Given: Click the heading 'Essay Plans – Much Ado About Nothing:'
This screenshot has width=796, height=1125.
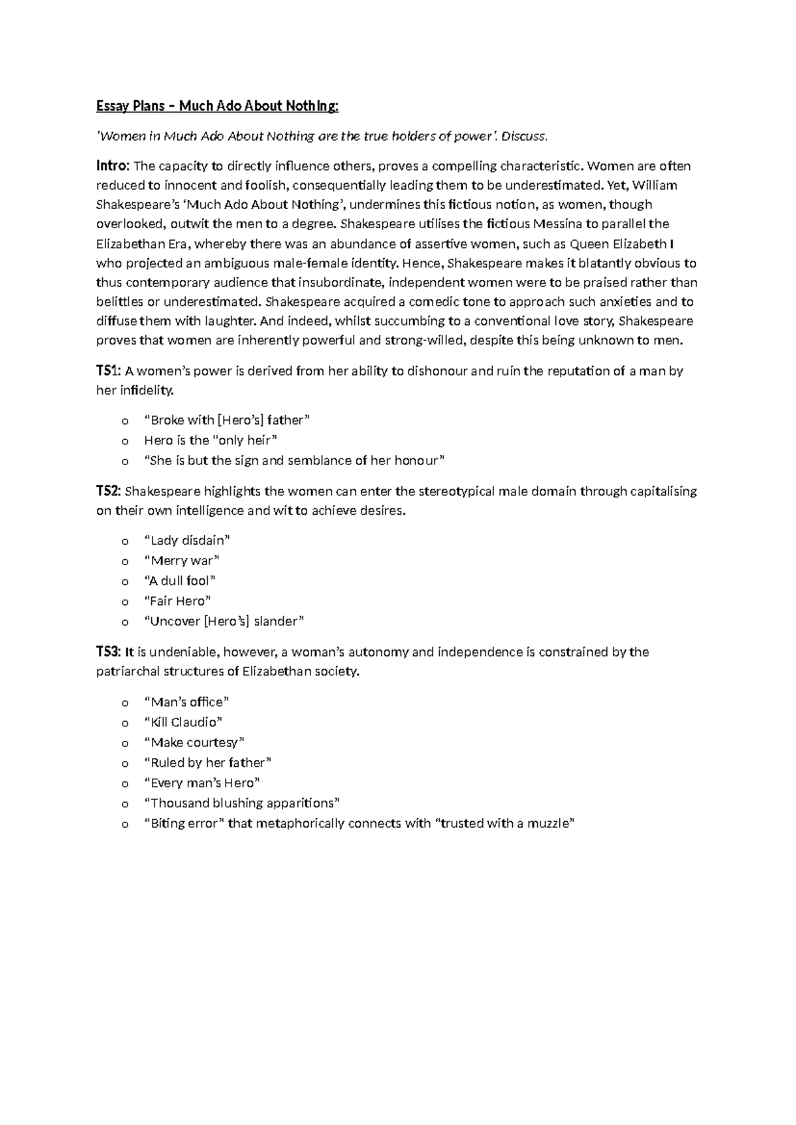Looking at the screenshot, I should point(217,106).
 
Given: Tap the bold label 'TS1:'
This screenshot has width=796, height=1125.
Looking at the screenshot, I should point(109,371).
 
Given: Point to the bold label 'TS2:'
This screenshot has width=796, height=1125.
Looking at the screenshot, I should point(109,492).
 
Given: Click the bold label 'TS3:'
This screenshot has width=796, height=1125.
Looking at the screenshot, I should point(109,652).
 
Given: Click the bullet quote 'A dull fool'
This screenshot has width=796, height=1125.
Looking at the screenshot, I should point(180,580).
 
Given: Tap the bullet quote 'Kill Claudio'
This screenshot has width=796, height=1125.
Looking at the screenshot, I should point(183,722).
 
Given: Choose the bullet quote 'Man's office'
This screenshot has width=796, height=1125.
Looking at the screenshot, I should point(186,702).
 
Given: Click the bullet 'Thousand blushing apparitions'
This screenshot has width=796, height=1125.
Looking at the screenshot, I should point(241,803).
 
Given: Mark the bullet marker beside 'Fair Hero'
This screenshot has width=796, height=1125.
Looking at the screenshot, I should point(123,602).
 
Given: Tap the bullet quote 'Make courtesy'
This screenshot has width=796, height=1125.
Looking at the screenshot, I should point(194,742).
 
